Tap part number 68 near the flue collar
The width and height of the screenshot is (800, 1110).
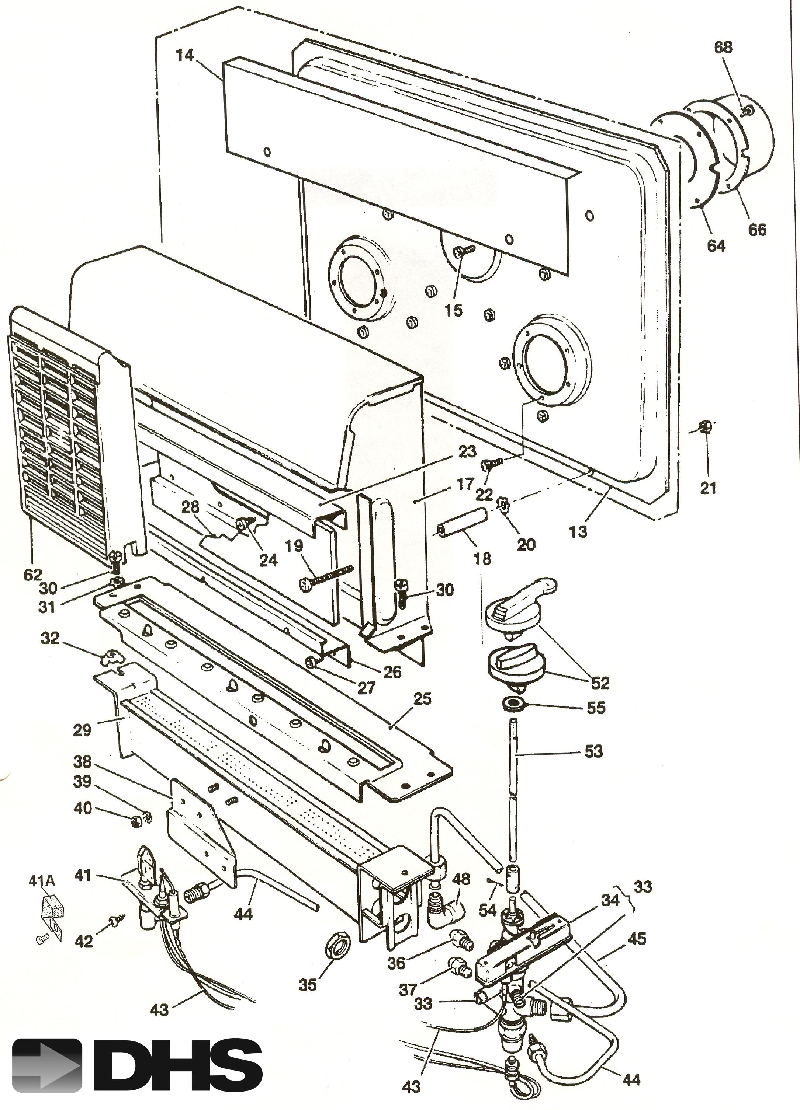click(723, 48)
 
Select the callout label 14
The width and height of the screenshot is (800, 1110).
click(185, 55)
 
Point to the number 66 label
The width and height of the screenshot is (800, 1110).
click(757, 229)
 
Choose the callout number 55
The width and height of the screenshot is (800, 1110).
click(596, 708)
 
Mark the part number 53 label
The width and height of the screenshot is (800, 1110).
click(593, 751)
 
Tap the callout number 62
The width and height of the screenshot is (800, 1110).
click(33, 575)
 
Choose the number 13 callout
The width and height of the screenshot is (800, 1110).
click(578, 531)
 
